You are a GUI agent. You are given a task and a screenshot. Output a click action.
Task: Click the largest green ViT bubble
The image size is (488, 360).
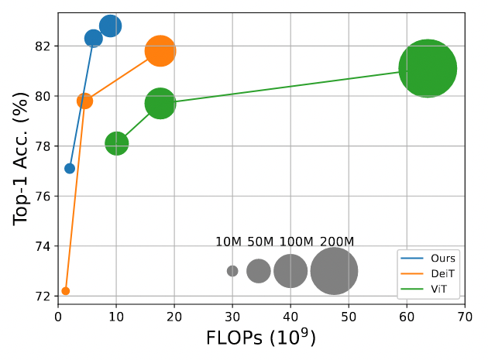click(428, 68)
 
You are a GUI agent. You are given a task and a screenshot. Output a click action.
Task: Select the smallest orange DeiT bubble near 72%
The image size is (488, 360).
click(66, 291)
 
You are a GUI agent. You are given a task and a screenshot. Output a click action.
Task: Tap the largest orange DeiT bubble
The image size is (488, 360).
click(160, 51)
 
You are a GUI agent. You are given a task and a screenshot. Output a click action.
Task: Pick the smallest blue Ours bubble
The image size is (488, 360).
click(70, 168)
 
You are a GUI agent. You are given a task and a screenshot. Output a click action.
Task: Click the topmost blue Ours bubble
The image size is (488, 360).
click(110, 26)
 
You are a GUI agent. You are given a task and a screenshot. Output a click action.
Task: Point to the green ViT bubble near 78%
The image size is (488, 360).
click(116, 143)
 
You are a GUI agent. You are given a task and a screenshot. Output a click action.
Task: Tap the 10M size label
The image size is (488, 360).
click(229, 242)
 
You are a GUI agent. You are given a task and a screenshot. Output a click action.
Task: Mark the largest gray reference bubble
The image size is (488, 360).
click(334, 271)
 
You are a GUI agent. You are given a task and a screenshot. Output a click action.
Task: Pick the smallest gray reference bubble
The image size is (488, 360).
click(232, 271)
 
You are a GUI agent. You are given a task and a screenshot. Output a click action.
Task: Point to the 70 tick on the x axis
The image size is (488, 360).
click(465, 316)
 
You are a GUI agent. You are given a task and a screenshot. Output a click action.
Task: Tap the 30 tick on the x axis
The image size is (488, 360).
click(232, 316)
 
